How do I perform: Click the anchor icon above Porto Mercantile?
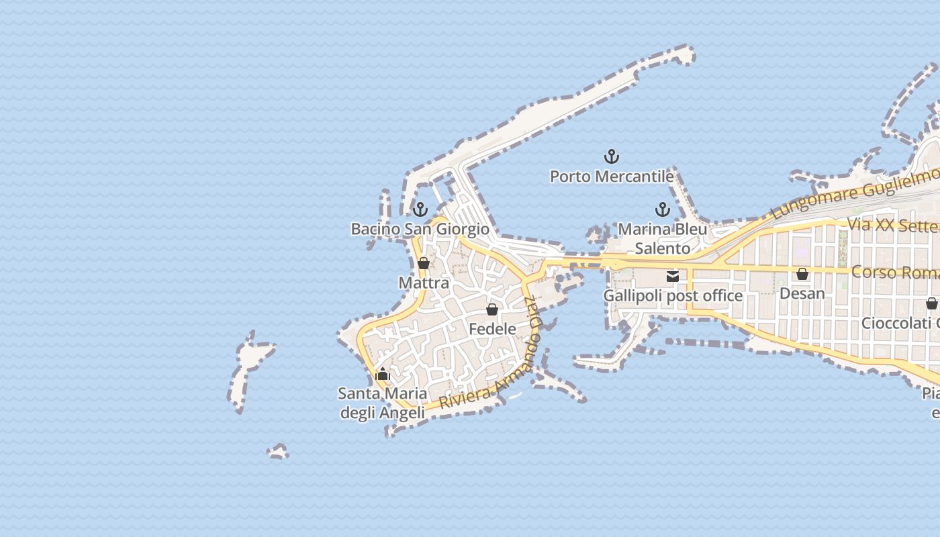611,157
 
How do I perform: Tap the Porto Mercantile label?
612,177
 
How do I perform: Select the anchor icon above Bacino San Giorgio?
420,209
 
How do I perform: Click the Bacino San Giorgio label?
420,229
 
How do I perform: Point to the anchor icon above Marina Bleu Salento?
663,209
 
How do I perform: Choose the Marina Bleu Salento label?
663,238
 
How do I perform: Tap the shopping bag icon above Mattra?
424,263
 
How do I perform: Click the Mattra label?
424,283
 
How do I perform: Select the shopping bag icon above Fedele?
492,309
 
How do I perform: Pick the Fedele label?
492,329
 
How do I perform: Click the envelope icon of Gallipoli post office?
673,277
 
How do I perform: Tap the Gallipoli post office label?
673,296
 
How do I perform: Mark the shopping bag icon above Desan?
802,274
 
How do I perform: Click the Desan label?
802,293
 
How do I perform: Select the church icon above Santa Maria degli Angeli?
383,374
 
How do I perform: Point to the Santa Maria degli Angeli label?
383,403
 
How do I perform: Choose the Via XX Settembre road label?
893,225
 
